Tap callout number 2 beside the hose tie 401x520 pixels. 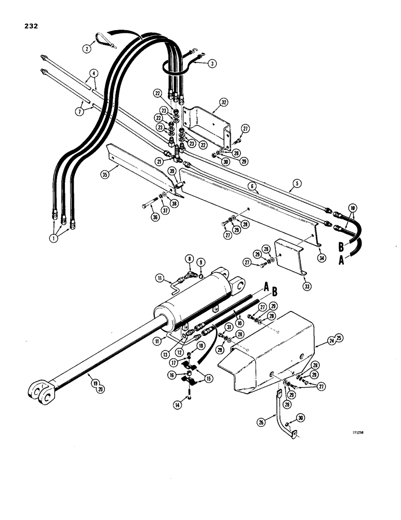tap(87, 49)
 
